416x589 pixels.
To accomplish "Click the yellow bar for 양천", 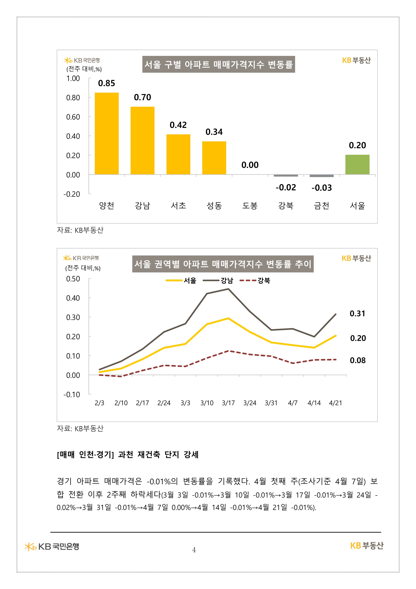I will point(107,133).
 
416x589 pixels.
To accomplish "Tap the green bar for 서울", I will point(357,164).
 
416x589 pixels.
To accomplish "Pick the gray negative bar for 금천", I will point(321,176).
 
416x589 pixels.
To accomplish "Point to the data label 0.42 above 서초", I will point(178,125).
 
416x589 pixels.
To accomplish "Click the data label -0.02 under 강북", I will point(286,187).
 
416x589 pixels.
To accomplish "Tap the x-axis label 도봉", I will point(250,205).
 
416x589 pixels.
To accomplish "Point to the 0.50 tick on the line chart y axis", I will point(73,279).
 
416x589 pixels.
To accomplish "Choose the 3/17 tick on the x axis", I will point(228,403).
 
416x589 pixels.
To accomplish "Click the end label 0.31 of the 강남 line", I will point(357,314).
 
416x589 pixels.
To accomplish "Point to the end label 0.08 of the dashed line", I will point(357,360).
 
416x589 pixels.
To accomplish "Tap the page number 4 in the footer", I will point(194,550).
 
